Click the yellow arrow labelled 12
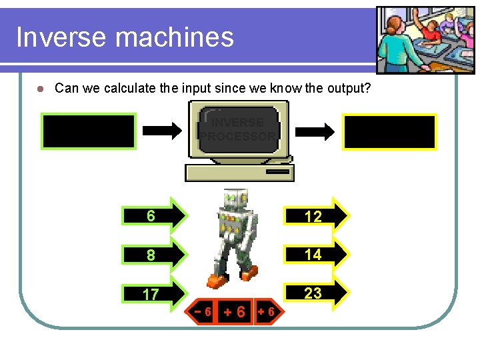pos(317,216)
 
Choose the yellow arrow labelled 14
pos(317,254)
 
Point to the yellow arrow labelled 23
pos(317,293)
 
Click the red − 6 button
pos(203,311)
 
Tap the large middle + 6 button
pos(235,311)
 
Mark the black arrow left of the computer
pos(163,131)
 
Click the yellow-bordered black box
pos(389,131)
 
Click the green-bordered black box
pos(89,130)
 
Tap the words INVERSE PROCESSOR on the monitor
pos(238,129)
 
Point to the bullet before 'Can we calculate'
pos(39,89)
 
